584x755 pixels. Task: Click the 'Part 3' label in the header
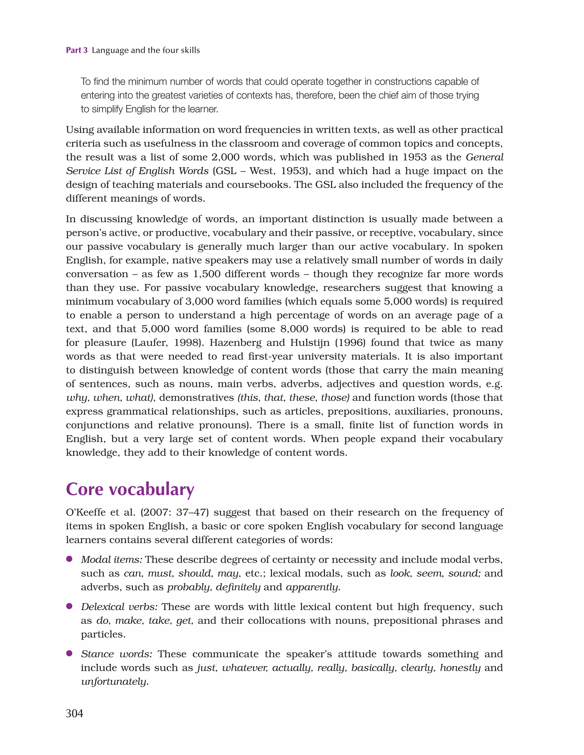click(76, 50)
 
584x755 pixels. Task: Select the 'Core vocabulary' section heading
click(130, 489)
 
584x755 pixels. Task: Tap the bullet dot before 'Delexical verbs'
click(69, 606)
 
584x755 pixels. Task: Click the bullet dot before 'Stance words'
click(69, 653)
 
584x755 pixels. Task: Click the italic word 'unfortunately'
click(114, 682)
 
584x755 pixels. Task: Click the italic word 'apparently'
click(312, 587)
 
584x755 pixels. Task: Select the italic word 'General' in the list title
click(484, 157)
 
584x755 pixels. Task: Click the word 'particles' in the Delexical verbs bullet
click(102, 634)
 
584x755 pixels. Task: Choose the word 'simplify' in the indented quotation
click(105, 109)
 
